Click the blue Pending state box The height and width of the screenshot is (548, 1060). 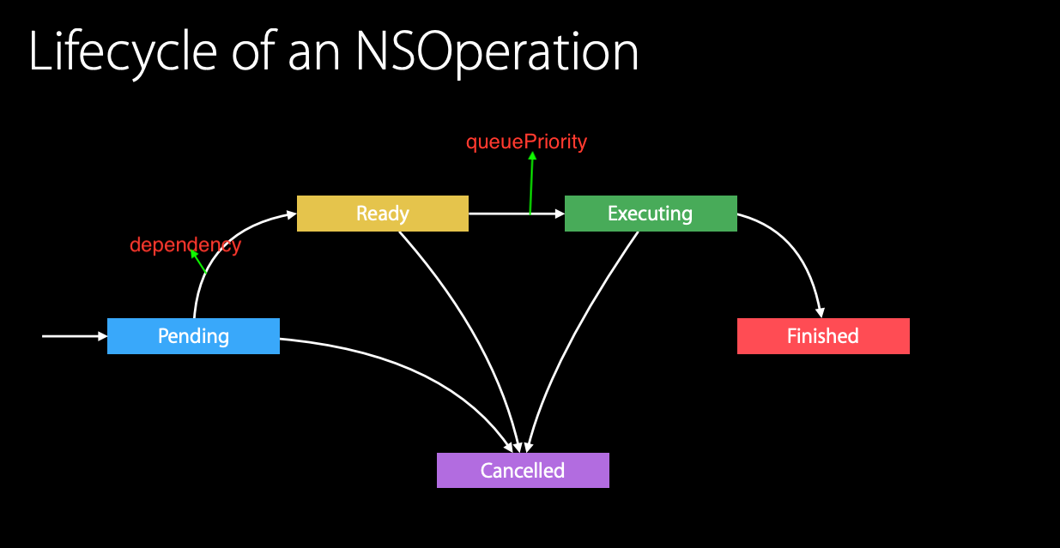click(x=193, y=336)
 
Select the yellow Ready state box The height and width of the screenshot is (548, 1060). click(x=383, y=214)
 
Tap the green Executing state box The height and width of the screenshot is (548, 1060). click(x=651, y=214)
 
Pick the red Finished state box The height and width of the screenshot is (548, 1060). click(x=823, y=336)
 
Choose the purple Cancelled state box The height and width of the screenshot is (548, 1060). click(x=523, y=471)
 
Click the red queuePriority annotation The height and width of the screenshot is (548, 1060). click(x=526, y=142)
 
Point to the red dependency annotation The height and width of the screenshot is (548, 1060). click(x=185, y=245)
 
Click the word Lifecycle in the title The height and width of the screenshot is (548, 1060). click(x=124, y=53)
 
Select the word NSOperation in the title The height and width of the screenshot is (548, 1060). click(x=497, y=53)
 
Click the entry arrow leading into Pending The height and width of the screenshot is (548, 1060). click(x=74, y=336)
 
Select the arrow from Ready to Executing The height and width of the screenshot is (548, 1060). click(x=506, y=214)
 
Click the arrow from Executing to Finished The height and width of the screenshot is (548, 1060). click(x=798, y=257)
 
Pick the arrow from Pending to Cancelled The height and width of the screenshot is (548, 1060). click(x=412, y=369)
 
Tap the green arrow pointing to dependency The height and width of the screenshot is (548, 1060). click(x=199, y=262)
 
